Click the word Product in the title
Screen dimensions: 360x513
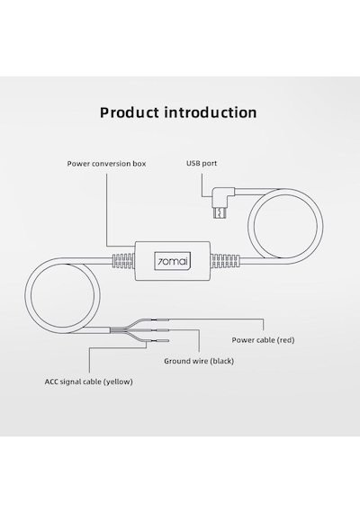130,112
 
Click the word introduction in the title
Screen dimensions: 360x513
211,112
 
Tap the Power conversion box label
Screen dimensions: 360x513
106,164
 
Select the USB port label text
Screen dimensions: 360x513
202,163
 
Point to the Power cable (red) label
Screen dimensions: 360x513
263,340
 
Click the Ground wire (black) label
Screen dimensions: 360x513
199,361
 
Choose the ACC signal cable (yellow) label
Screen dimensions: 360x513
89,382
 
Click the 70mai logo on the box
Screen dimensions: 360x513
173,261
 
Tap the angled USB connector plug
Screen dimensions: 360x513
223,202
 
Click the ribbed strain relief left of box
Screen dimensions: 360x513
123,261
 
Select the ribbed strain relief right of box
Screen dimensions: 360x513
225,261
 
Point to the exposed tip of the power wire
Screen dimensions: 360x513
162,319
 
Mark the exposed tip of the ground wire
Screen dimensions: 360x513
162,330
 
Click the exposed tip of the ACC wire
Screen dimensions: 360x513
162,341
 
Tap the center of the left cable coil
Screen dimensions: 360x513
62,295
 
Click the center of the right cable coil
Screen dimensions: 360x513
285,226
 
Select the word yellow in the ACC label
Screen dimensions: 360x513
118,382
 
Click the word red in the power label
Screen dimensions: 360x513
286,340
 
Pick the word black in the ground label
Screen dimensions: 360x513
222,361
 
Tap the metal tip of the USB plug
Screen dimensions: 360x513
220,212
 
